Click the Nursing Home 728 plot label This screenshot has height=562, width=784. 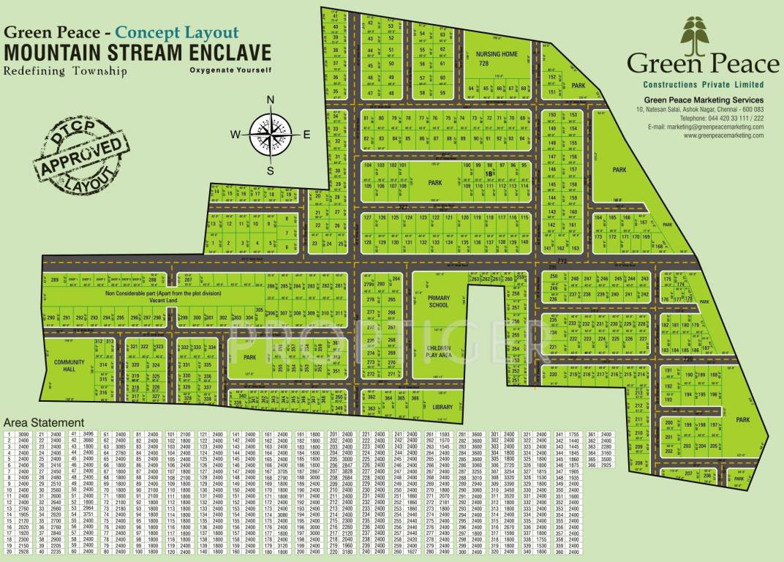pos(497,59)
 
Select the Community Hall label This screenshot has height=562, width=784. pos(69,365)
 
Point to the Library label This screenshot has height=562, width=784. pos(442,407)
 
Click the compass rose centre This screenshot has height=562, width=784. pos(270,134)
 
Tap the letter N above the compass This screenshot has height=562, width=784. pos(270,101)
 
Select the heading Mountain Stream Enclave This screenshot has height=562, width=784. pos(137,53)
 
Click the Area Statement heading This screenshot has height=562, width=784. pos(43,423)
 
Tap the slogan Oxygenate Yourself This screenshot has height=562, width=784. pos(230,70)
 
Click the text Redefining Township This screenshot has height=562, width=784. pos(65,71)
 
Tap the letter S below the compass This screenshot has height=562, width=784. pos(270,171)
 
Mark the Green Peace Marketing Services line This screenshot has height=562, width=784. pos(704,100)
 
